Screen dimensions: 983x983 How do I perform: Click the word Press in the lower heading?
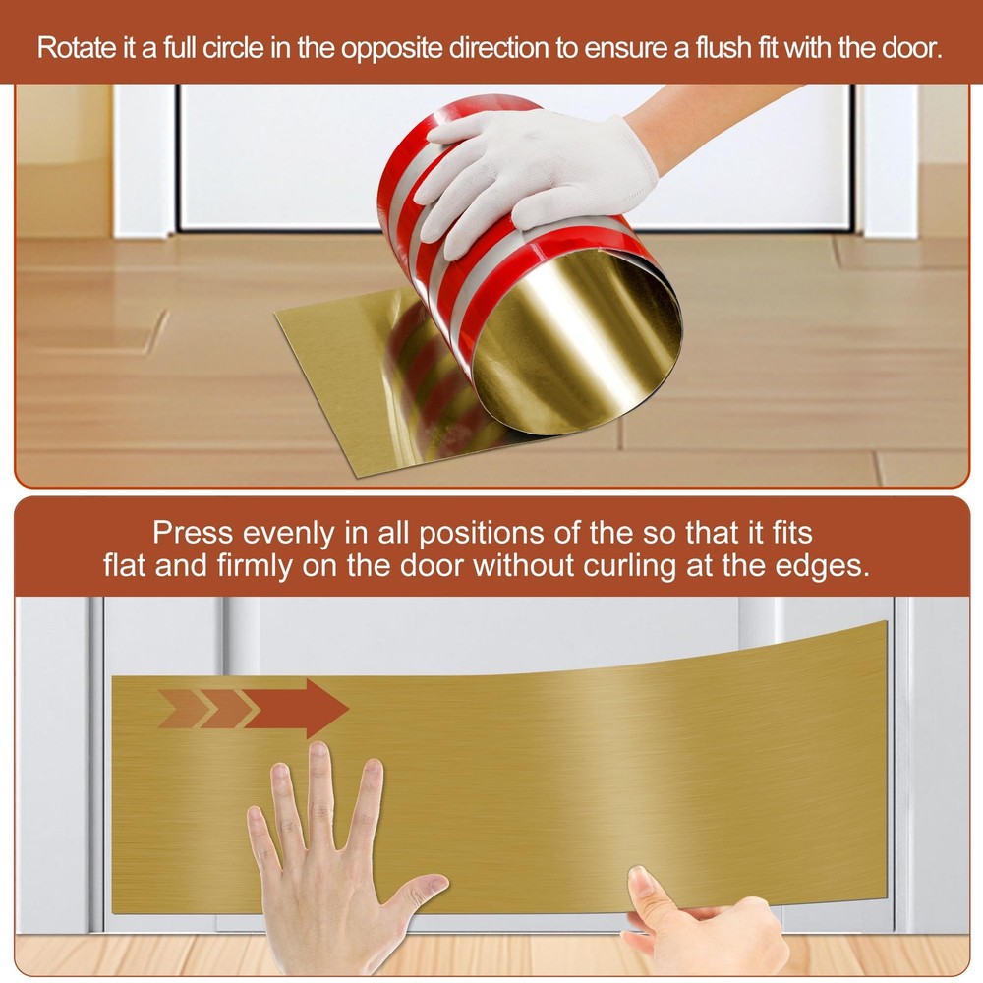point(193,533)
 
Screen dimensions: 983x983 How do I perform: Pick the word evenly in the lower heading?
point(288,534)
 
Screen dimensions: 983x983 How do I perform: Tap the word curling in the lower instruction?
point(630,567)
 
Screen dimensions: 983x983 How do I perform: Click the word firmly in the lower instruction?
point(255,567)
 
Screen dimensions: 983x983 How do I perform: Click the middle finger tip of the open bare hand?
point(319,752)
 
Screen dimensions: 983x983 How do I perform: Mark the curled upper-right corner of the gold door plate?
point(884,624)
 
